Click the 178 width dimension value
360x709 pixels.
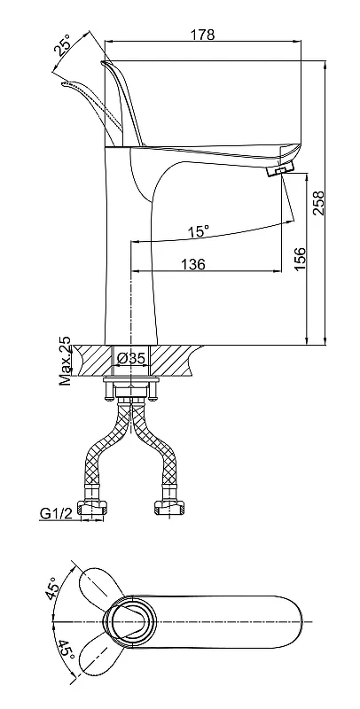click(203, 35)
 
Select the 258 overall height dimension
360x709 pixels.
click(319, 203)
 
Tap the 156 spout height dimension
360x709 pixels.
click(300, 259)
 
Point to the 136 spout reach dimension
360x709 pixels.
click(193, 264)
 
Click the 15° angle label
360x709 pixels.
click(199, 232)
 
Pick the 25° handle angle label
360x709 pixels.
click(63, 44)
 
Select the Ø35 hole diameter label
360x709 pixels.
click(130, 359)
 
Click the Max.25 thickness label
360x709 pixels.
click(66, 361)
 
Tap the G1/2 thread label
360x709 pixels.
click(56, 513)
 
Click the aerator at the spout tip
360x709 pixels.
click(280, 169)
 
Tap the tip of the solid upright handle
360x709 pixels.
click(103, 62)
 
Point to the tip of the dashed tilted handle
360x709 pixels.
click(64, 83)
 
